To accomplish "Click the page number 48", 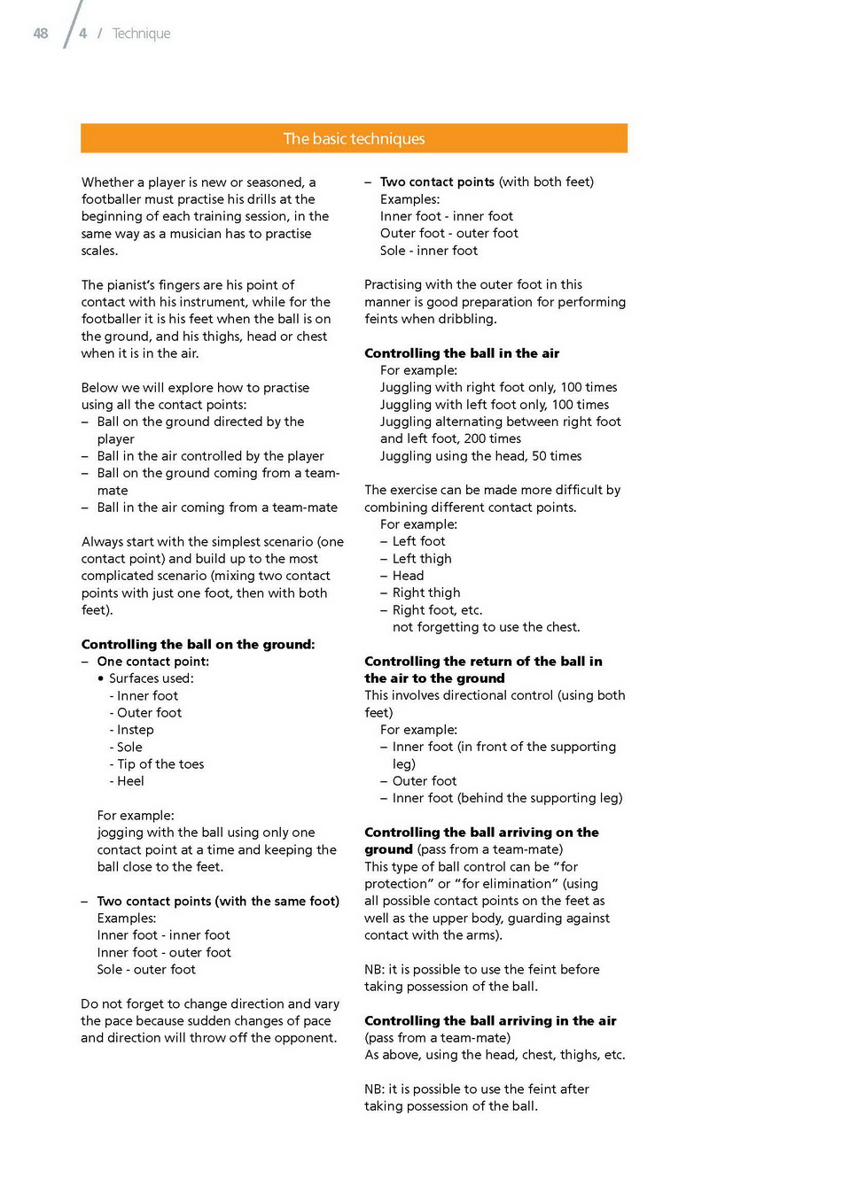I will coord(41,34).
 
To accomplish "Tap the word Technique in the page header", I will coord(141,34).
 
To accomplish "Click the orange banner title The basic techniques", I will coord(354,139).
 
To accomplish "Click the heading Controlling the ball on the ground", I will coord(198,645).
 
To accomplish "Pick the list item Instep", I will coord(135,730).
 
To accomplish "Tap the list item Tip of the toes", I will coord(160,764).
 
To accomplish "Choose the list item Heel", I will coord(130,781).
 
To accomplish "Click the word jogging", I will coord(121,833).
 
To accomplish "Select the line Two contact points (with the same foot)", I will coord(218,902).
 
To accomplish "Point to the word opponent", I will coord(307,1038).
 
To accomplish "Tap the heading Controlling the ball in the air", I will coord(462,353).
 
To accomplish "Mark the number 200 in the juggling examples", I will coord(475,439).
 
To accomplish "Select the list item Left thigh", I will coord(422,559).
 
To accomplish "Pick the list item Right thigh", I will coord(426,593).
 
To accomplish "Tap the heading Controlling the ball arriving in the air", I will coord(490,1021).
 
